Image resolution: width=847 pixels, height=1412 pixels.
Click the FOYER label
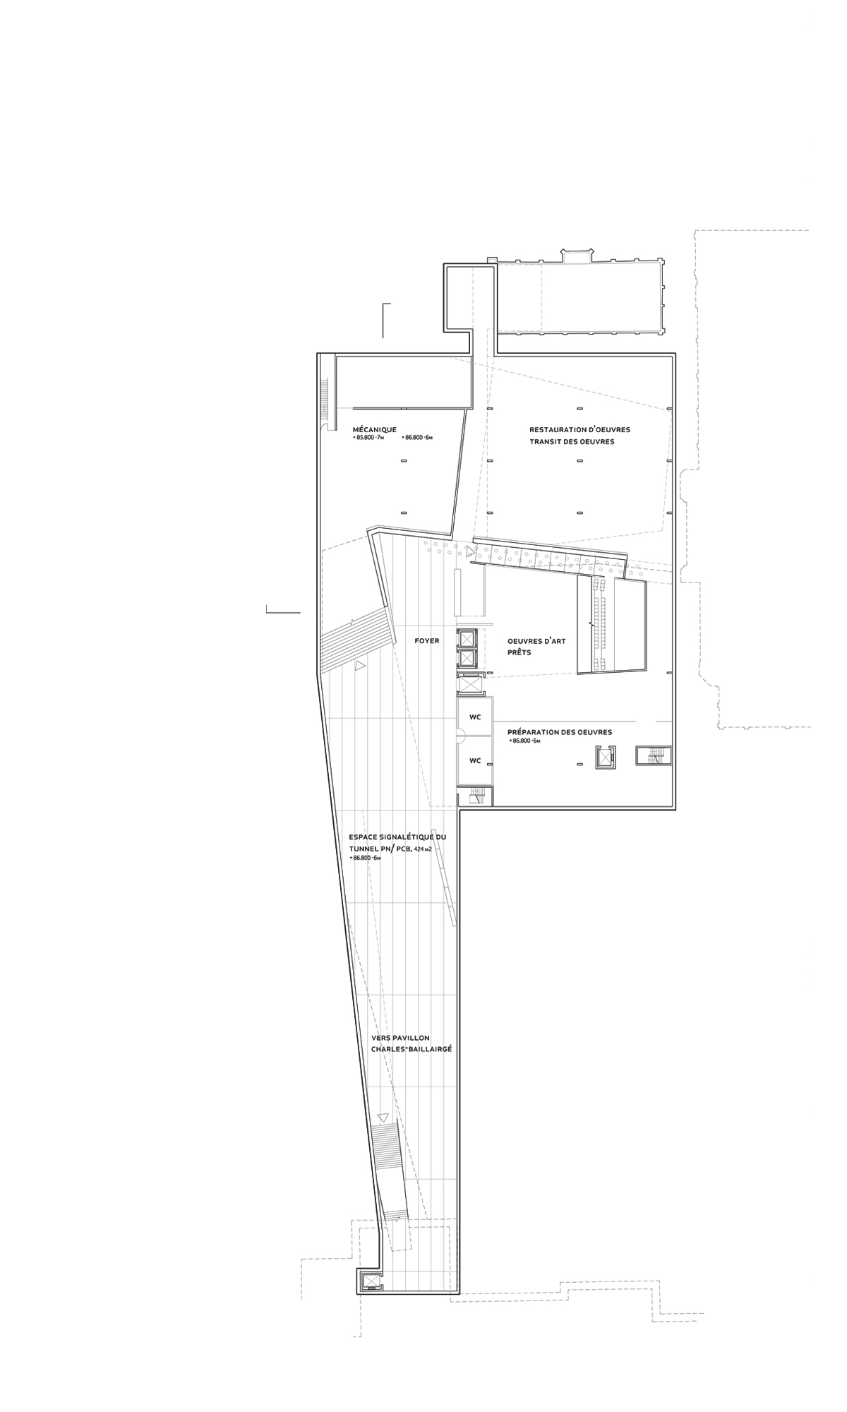[427, 641]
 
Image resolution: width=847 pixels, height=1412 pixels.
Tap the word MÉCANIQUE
[374, 429]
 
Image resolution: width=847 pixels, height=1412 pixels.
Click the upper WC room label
[475, 717]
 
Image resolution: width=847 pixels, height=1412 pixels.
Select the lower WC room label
[475, 760]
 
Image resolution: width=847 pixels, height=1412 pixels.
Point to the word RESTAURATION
[557, 429]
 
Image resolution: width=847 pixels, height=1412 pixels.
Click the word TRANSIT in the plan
[547, 442]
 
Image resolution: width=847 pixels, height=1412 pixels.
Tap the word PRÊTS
[519, 653]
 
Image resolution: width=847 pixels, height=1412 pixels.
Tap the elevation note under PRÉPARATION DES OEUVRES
[524, 742]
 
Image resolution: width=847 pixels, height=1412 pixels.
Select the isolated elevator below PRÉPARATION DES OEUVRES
[605, 758]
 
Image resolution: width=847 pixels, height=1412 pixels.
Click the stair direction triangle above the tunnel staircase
[383, 1118]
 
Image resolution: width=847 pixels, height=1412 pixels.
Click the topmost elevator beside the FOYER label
[467, 638]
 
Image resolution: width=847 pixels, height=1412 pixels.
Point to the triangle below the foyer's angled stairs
[360, 665]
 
